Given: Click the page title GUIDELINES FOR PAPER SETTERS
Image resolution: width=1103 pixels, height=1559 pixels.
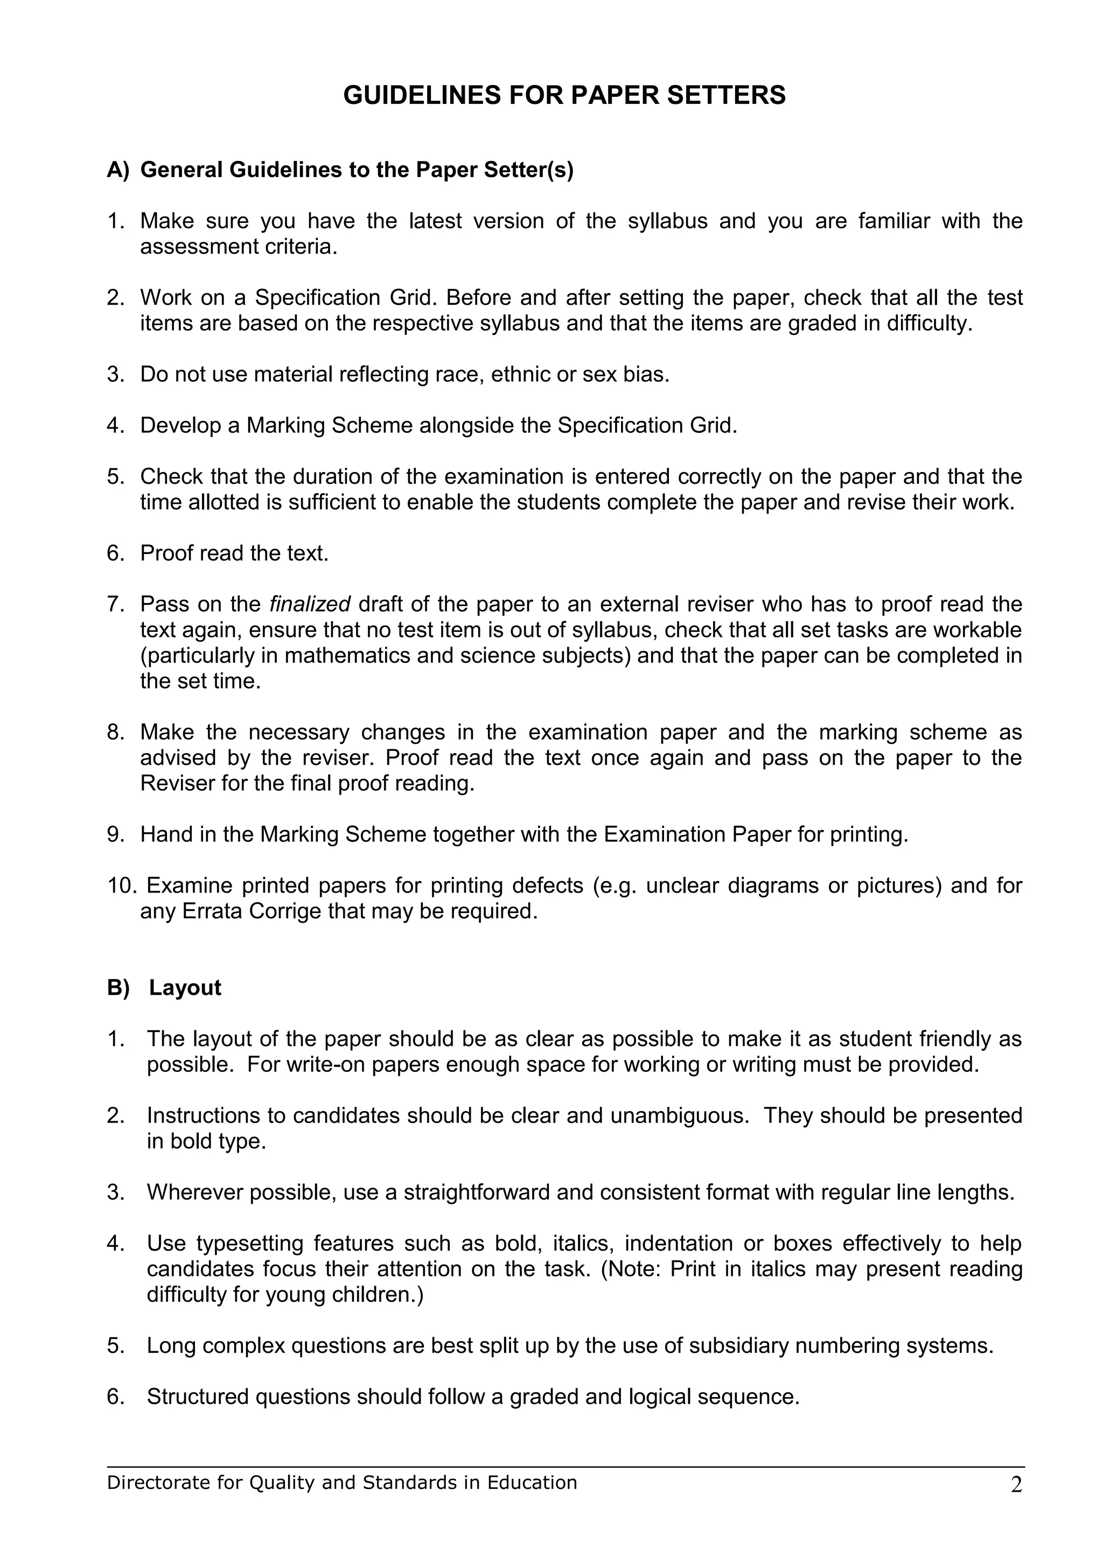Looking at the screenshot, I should (564, 95).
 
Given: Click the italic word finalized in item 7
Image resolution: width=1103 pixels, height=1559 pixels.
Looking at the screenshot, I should (310, 603).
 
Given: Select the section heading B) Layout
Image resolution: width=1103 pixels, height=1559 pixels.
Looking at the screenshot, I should (164, 987).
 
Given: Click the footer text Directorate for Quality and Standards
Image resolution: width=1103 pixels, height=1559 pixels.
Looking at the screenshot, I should (341, 1501).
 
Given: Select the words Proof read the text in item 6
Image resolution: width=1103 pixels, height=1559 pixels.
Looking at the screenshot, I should (234, 553).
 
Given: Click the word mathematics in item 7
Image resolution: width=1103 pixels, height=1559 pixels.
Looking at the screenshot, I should (369, 655).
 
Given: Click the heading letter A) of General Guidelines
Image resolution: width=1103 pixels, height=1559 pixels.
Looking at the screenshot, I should (117, 170).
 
